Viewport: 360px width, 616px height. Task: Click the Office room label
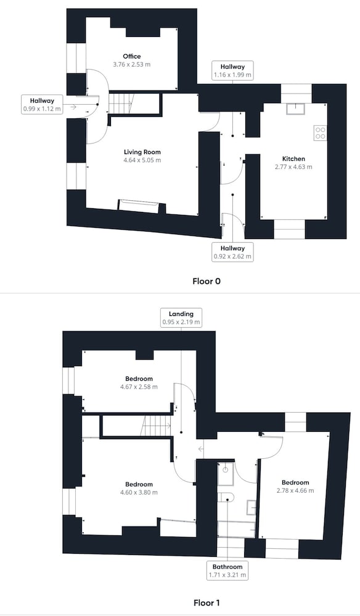(x=132, y=56)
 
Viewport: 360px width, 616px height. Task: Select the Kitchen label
(x=293, y=159)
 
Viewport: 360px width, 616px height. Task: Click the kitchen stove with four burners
(x=321, y=133)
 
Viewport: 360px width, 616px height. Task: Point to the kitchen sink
(x=295, y=108)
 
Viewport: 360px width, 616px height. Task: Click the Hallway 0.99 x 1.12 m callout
(x=42, y=105)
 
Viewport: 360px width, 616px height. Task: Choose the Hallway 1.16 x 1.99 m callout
(x=232, y=71)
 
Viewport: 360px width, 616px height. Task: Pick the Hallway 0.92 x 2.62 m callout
(x=232, y=252)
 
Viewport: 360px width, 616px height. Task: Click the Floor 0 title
(x=207, y=282)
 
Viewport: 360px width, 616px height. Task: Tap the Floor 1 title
(x=207, y=602)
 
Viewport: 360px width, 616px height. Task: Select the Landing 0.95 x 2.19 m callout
(x=181, y=318)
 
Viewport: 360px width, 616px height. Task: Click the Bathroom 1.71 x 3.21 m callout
(x=227, y=570)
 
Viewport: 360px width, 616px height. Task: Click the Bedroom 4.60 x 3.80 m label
(x=139, y=488)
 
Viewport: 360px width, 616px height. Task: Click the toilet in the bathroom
(x=226, y=497)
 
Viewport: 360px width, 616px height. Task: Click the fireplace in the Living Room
(x=138, y=206)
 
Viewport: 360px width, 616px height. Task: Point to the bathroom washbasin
(x=252, y=507)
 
